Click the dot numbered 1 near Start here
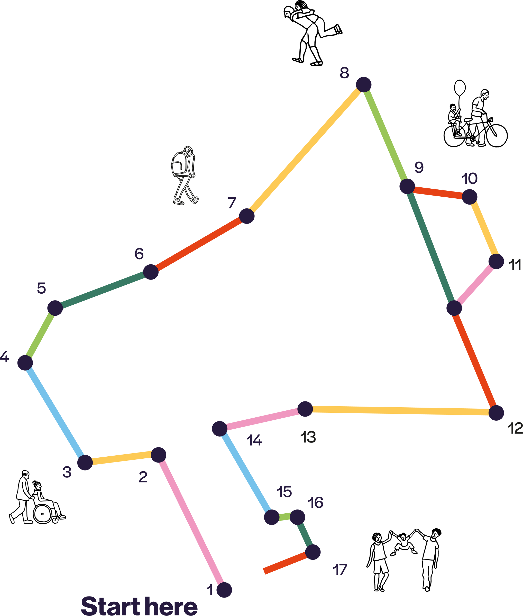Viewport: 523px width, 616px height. (224, 590)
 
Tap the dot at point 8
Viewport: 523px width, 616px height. (363, 84)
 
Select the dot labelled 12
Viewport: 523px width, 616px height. (496, 413)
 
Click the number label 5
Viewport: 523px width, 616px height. (42, 288)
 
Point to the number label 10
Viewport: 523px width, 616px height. (469, 179)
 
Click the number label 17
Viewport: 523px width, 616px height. (340, 570)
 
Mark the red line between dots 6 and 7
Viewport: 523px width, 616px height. (199, 244)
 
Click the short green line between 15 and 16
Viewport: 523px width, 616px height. (285, 516)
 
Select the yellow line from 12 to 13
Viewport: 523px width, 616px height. (400, 411)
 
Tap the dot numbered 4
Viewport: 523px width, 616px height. (25, 363)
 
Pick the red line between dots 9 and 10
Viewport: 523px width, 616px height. (438, 192)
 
